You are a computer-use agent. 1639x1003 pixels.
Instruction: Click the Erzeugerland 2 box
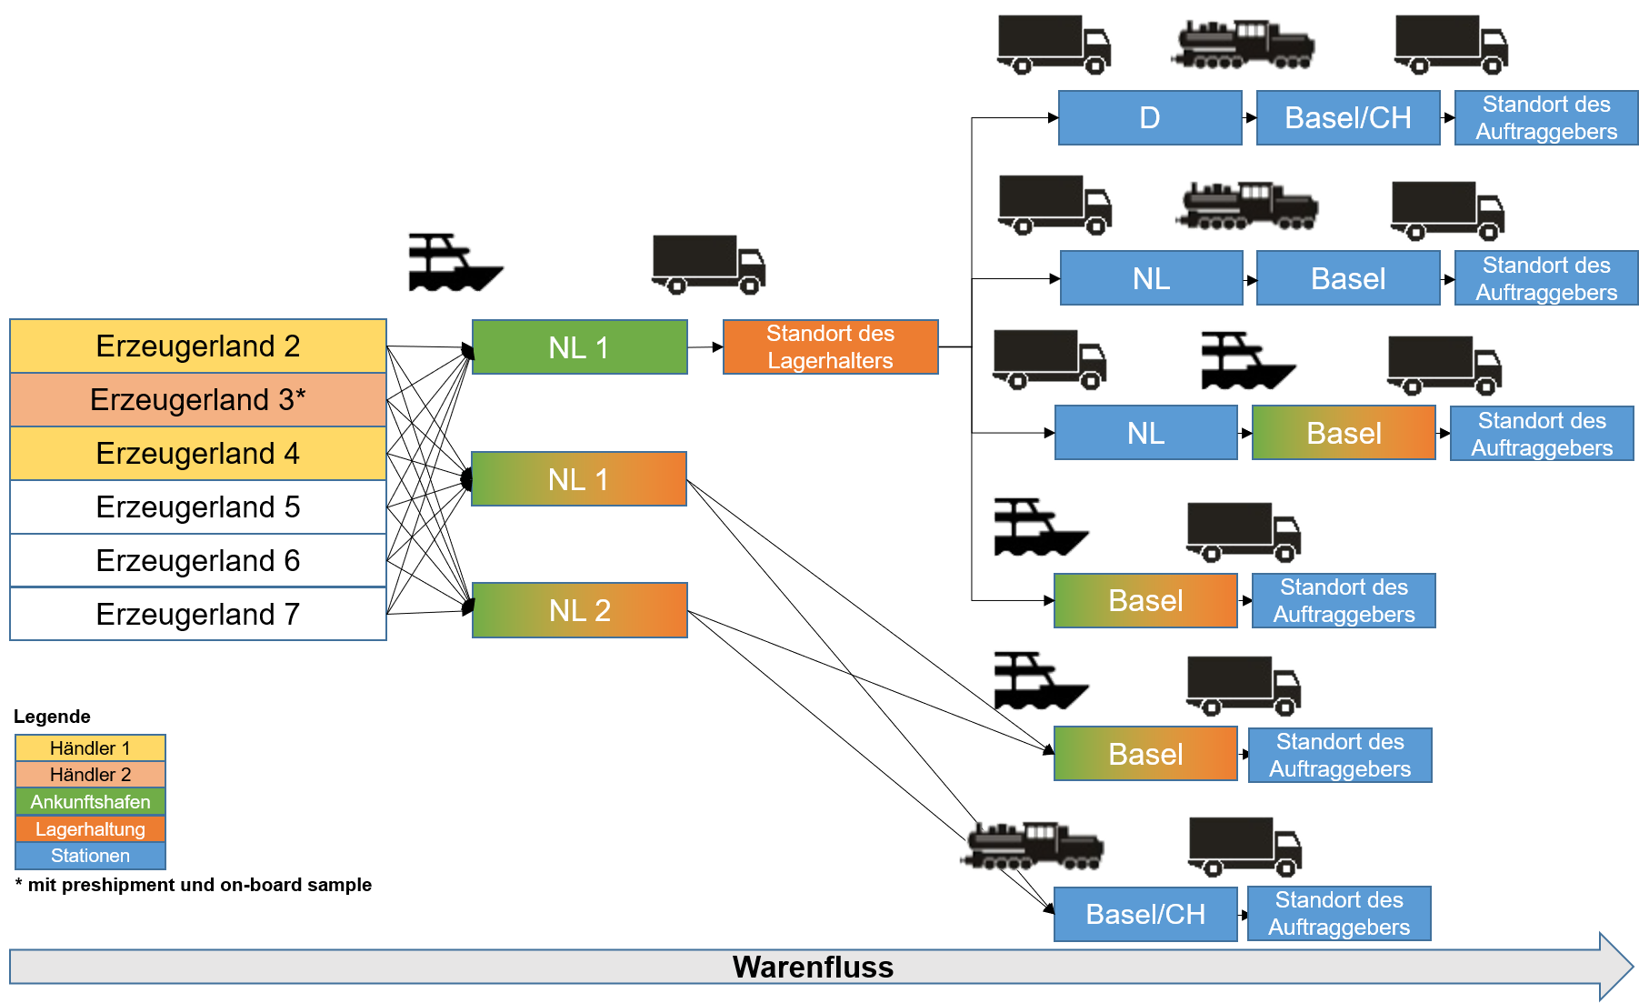click(198, 346)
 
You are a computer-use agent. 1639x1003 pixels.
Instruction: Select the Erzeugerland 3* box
click(198, 400)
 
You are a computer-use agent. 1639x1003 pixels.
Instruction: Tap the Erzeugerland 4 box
click(198, 454)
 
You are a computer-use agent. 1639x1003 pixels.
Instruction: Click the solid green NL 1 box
click(580, 347)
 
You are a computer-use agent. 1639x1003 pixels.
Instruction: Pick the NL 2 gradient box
click(580, 610)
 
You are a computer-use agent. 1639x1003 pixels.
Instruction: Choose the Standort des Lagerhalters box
click(830, 347)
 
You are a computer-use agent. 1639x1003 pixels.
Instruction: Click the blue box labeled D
click(1150, 118)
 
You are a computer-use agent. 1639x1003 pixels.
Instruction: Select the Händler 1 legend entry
click(90, 748)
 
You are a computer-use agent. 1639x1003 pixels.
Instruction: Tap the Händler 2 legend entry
click(90, 775)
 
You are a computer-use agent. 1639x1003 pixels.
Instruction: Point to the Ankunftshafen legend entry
click(90, 802)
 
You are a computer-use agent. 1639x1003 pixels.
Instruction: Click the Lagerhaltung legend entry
click(90, 829)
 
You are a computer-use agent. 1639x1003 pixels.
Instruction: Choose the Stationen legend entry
click(90, 856)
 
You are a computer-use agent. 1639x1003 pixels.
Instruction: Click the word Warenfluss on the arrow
click(813, 967)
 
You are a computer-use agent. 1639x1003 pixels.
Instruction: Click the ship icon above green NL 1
click(454, 263)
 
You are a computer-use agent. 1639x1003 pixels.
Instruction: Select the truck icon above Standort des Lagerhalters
click(709, 265)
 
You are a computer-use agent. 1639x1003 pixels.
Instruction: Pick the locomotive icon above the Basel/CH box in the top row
click(1243, 45)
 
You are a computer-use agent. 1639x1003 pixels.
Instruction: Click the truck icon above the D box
click(1054, 44)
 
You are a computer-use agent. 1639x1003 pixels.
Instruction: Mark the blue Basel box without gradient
click(1348, 278)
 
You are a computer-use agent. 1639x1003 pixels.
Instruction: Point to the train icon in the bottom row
click(1033, 846)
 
